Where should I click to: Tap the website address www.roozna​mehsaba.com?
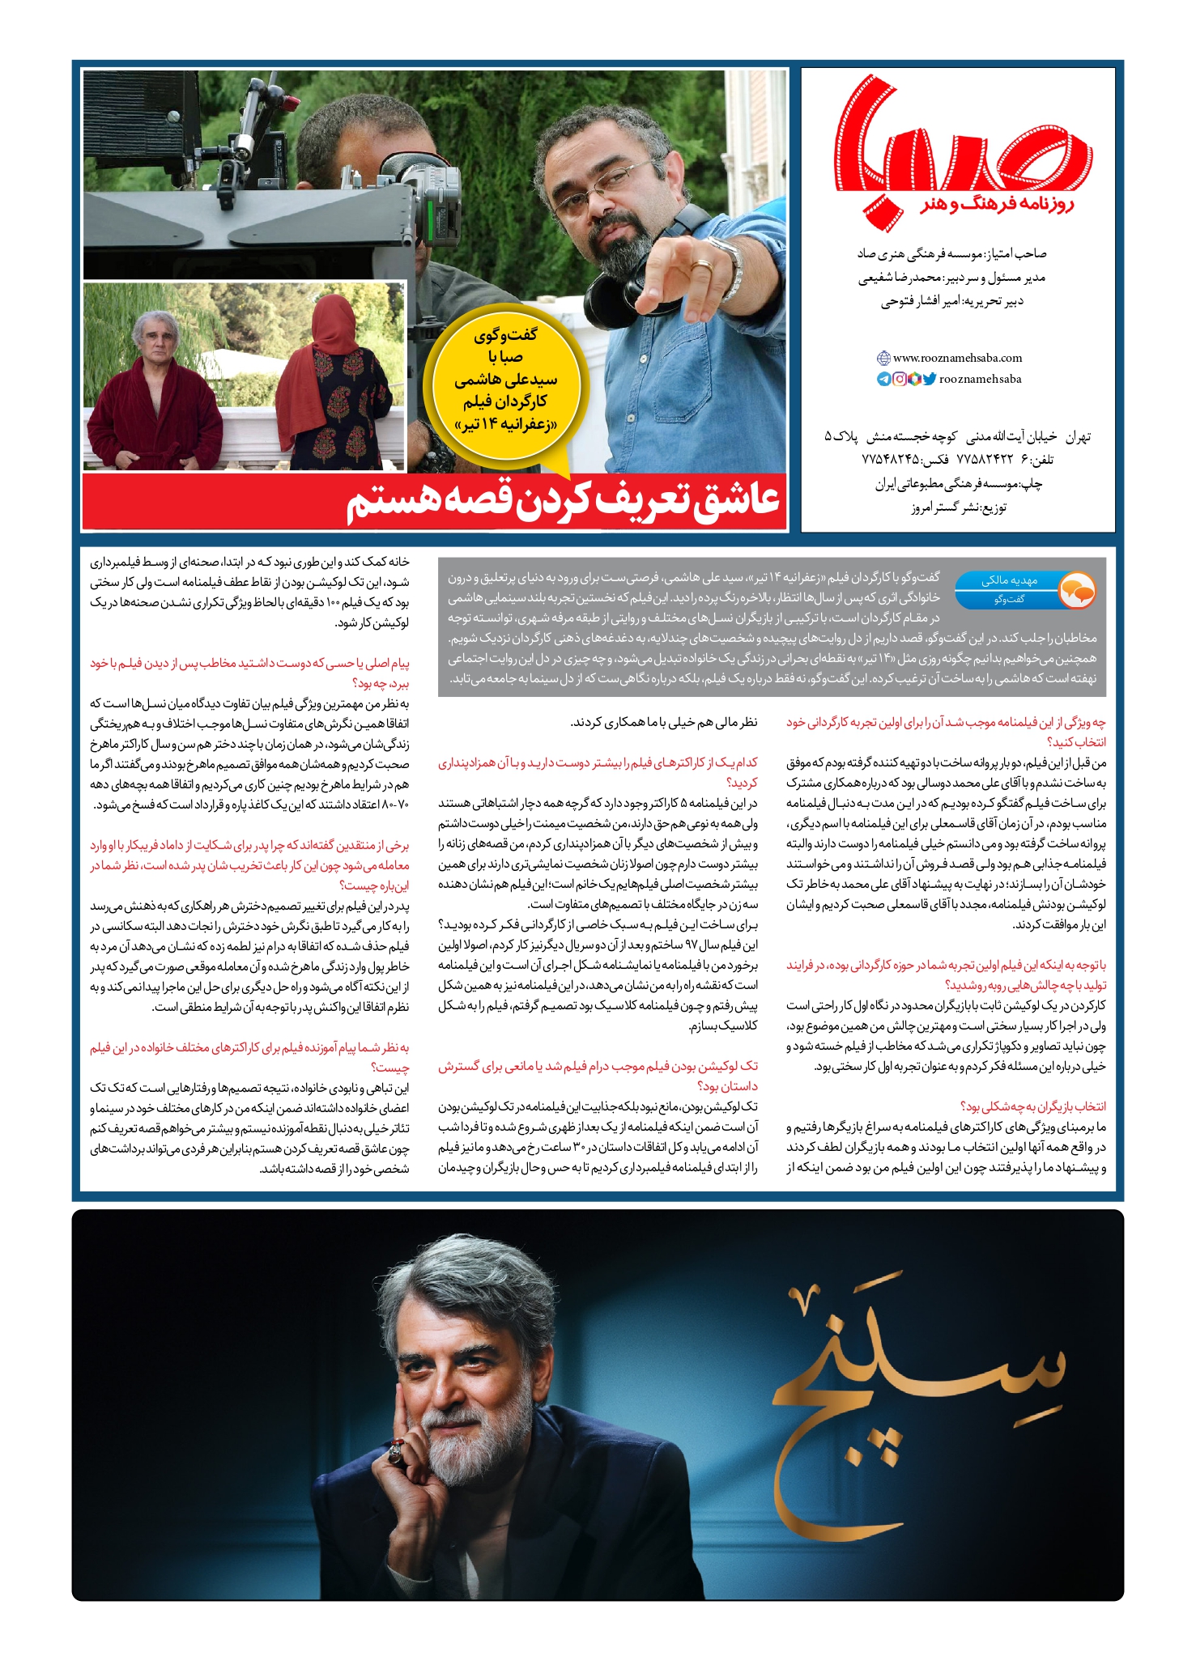[x=957, y=358]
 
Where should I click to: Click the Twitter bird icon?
[x=930, y=379]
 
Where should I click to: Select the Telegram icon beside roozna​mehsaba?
[x=884, y=379]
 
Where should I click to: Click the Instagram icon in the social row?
[x=900, y=379]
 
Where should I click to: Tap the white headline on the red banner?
[x=564, y=502]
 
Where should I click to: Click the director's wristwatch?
[x=731, y=267]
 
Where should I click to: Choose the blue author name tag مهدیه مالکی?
[x=1008, y=580]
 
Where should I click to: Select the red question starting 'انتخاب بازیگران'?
[x=1033, y=1106]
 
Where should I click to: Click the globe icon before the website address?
[x=883, y=358]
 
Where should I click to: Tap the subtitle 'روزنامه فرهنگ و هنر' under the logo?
[x=997, y=204]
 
